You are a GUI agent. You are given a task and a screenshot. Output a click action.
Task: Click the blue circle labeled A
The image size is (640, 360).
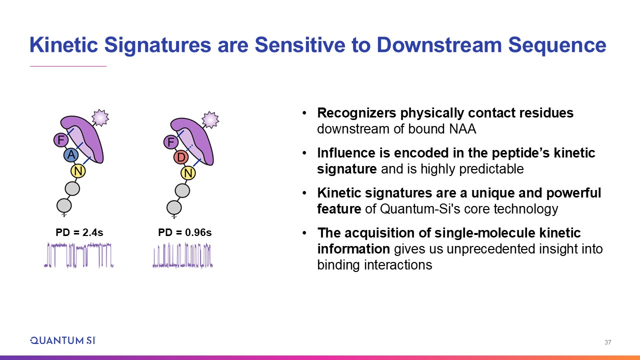[x=71, y=155]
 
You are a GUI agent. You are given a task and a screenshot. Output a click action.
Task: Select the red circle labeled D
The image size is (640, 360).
[x=181, y=157]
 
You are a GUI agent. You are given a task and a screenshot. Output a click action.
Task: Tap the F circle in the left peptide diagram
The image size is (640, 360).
[x=61, y=140]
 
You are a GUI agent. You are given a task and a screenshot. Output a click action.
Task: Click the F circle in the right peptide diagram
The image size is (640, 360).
[x=171, y=142]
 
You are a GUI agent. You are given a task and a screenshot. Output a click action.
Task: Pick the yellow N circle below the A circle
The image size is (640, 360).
[x=78, y=171]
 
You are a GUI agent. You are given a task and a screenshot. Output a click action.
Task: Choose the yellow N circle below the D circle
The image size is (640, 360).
[x=188, y=173]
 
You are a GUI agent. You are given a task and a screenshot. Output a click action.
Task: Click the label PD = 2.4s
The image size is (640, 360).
[x=79, y=232]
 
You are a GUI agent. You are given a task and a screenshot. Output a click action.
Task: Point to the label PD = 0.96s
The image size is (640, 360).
[x=185, y=232]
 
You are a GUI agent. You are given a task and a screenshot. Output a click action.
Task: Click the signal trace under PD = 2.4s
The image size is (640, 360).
[x=78, y=255]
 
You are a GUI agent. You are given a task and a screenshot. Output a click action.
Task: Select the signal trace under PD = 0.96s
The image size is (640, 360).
[x=182, y=255]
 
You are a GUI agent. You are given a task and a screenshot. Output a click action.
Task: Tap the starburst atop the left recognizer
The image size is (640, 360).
[x=100, y=117]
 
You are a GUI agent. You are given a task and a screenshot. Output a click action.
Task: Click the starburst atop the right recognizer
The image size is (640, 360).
[x=210, y=119]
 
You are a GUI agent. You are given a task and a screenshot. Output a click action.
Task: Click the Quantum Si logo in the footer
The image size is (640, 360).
[x=63, y=340]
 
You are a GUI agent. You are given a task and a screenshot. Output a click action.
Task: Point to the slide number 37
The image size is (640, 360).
[x=607, y=342]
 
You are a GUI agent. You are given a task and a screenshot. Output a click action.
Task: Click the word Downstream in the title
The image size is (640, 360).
[x=439, y=45]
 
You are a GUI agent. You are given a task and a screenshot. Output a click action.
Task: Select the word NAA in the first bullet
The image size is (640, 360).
[x=462, y=129]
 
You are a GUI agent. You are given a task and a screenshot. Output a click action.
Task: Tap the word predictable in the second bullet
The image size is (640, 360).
[x=491, y=169]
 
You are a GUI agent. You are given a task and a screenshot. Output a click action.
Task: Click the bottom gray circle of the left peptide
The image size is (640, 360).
[x=64, y=205]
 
